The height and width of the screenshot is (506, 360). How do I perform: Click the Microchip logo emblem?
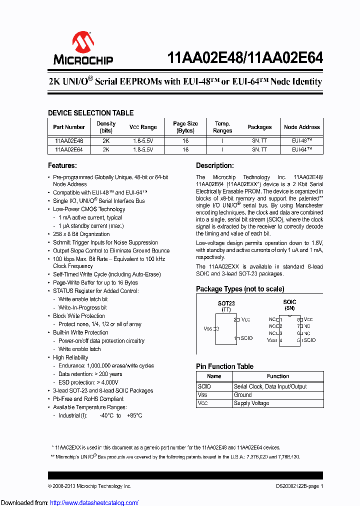coord(83,42)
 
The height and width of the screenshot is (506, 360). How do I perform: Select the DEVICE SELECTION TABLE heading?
coord(90,113)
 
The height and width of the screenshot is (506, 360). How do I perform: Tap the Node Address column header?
coord(301,127)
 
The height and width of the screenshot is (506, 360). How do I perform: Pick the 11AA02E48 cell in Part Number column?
coord(69,141)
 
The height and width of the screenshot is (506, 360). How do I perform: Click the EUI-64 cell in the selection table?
coord(301,149)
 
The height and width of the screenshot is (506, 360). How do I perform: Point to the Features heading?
coord(62,165)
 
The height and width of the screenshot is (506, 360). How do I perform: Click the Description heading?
coord(214,165)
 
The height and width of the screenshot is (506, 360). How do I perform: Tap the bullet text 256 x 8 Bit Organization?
coord(81,234)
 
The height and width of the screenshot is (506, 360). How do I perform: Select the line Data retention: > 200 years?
coord(90,374)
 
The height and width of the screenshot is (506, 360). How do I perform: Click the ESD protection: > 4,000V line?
coord(88,382)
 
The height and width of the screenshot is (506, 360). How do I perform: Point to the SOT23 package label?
coord(226,303)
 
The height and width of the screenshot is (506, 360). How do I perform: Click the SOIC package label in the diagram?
coord(289,302)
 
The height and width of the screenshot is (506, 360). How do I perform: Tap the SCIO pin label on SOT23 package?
coord(246,338)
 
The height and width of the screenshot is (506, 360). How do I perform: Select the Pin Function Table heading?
coord(224,366)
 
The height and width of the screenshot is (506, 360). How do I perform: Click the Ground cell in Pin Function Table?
coord(243,394)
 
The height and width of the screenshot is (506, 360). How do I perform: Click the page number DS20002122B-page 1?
coord(299,486)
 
